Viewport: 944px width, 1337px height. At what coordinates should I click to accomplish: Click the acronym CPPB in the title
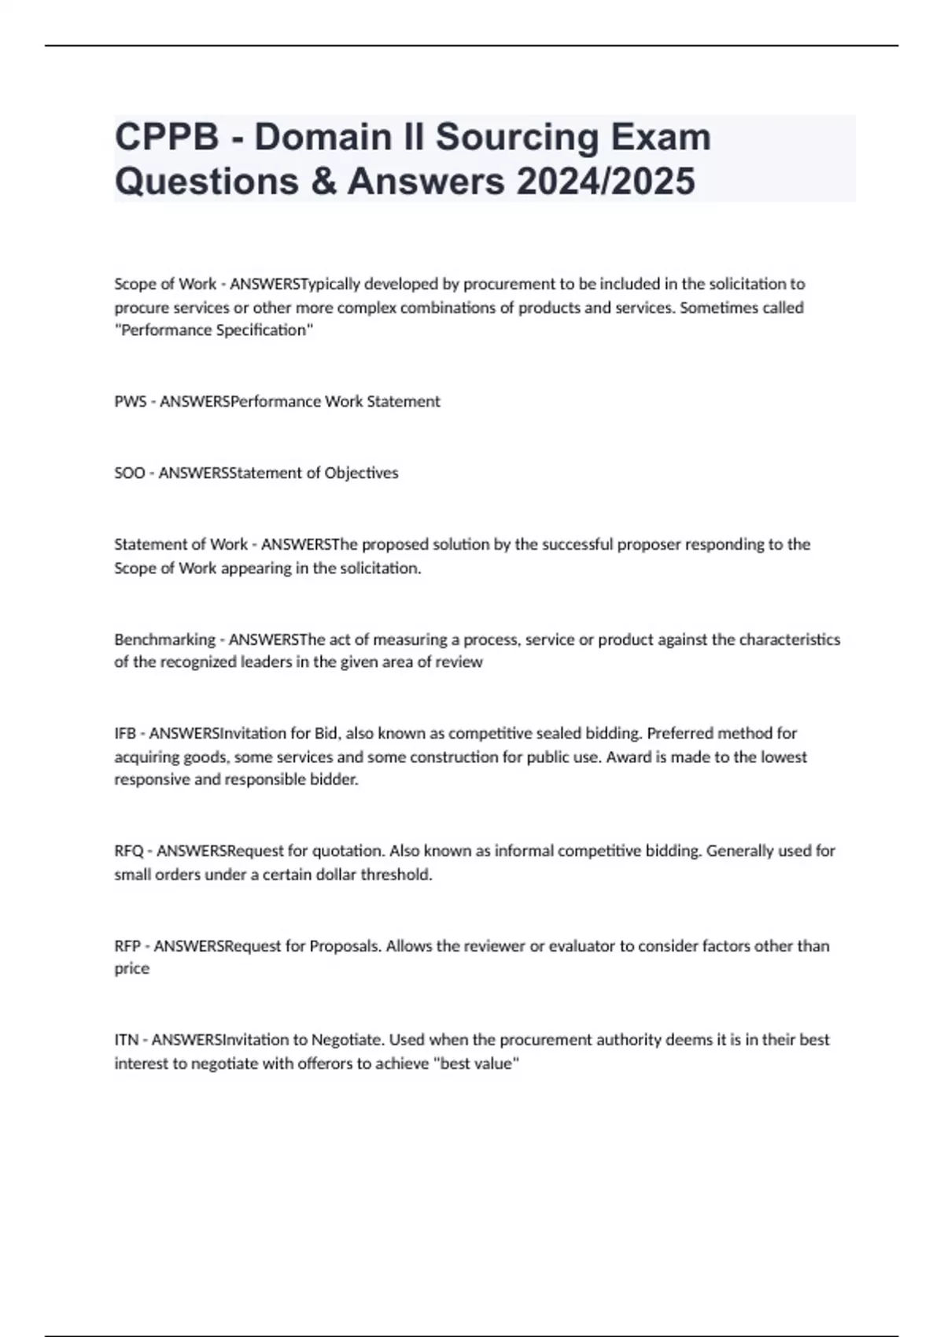[167, 138]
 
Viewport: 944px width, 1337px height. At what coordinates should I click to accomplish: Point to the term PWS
[130, 402]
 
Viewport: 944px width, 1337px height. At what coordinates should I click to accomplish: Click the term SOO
[130, 473]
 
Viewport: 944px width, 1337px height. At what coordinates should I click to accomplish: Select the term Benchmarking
[164, 639]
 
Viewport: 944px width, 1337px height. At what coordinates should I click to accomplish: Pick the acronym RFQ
[129, 851]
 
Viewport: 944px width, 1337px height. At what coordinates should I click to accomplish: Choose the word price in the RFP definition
[131, 969]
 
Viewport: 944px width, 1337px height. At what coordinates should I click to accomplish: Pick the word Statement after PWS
[404, 402]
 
